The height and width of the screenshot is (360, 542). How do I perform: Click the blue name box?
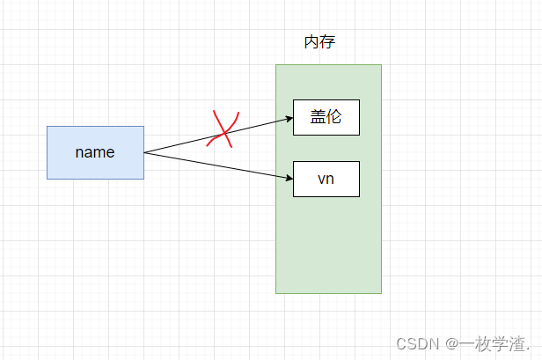click(x=95, y=152)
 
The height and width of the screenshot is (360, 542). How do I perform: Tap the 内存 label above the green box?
click(x=319, y=42)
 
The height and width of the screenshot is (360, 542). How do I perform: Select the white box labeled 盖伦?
click(x=326, y=118)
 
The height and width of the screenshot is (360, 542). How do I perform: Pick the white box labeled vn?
click(x=326, y=180)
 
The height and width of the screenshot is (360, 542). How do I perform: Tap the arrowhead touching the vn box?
click(x=288, y=180)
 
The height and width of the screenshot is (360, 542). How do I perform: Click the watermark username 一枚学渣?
click(x=494, y=342)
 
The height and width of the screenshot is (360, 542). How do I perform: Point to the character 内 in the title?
click(x=311, y=42)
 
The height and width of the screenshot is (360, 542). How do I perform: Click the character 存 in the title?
click(x=327, y=42)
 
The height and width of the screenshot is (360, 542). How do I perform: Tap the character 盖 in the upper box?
click(x=319, y=118)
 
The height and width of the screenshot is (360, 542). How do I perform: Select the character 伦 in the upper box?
click(x=333, y=118)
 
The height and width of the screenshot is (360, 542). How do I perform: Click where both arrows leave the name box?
click(x=143, y=152)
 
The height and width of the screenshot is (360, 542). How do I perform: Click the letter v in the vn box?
click(x=322, y=180)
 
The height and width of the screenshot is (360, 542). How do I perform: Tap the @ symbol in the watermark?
click(x=449, y=342)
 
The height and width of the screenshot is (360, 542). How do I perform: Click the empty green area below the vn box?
click(x=328, y=246)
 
